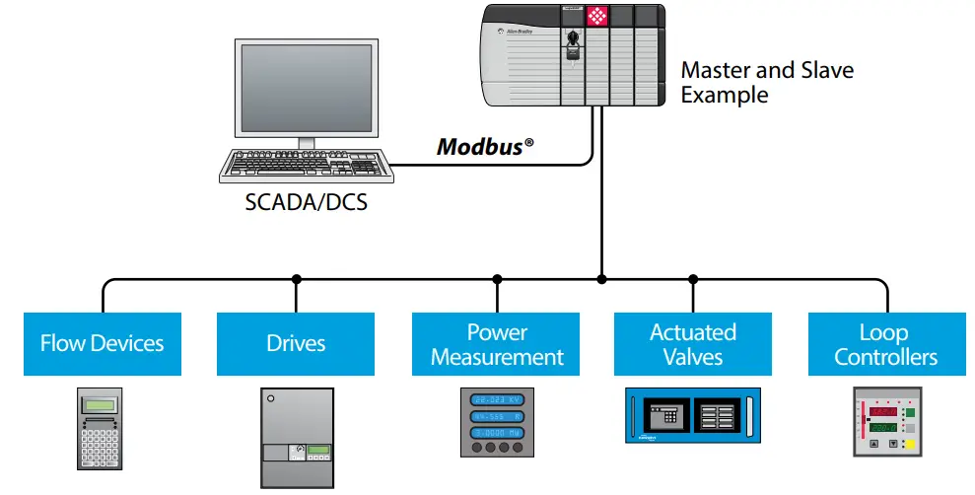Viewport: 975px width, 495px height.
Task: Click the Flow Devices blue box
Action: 102,344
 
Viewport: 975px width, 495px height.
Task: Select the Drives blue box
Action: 296,344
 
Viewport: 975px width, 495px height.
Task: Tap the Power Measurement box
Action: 497,344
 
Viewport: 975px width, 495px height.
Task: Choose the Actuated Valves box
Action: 692,344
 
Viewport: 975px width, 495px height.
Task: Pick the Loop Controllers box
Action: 885,344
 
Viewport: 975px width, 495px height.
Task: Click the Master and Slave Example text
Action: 767,83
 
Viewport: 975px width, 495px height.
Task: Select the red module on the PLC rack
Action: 597,17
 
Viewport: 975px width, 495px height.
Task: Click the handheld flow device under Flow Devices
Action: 101,428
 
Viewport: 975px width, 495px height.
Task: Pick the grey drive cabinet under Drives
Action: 297,433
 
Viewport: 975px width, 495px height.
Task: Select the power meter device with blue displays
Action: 497,423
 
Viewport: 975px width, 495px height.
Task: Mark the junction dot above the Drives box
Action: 297,279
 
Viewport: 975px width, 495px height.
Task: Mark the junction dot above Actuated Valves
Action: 692,279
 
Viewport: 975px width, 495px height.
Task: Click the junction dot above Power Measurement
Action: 497,279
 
